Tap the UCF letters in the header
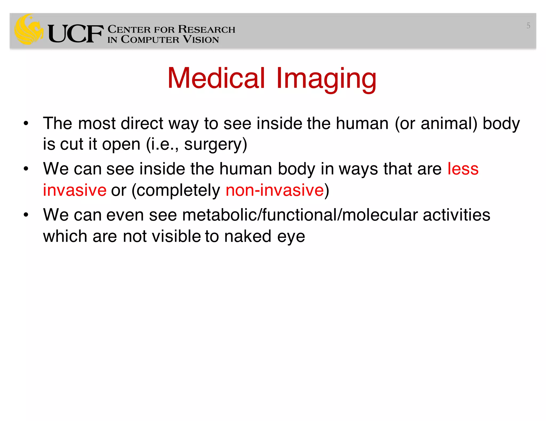[76, 34]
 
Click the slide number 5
[528, 26]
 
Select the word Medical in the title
[216, 78]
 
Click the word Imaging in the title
[326, 79]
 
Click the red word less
[463, 169]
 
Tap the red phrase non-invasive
[275, 190]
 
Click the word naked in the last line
[248, 236]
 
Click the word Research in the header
[207, 29]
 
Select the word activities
[456, 215]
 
